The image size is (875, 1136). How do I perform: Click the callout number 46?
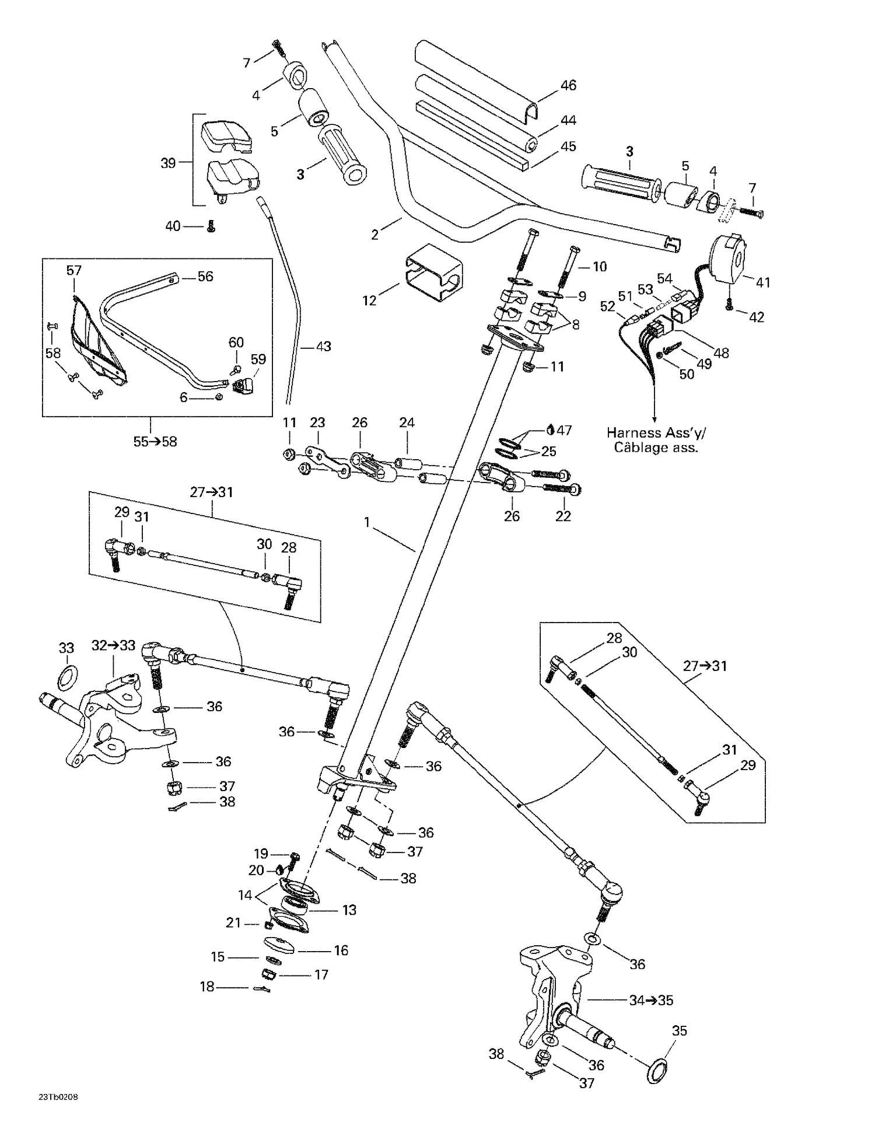[x=568, y=85]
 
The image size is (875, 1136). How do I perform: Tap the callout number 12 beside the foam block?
[x=369, y=300]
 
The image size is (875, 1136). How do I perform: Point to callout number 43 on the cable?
[x=323, y=346]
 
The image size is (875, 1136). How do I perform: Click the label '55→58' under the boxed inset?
[x=155, y=442]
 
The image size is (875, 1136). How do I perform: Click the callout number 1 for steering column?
[x=367, y=522]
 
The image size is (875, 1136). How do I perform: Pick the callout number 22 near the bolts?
[x=563, y=516]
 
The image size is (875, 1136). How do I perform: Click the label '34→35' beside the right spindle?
[x=651, y=1000]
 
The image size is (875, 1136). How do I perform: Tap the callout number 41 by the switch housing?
[x=762, y=282]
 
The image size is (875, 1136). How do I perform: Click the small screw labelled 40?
[x=212, y=227]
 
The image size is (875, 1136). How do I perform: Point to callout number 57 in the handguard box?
[x=74, y=270]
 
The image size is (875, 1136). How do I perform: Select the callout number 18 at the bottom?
[x=207, y=987]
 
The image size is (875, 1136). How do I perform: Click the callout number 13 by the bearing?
[x=349, y=910]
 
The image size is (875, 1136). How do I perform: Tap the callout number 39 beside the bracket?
[x=168, y=163]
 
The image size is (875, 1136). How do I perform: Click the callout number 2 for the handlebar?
[x=374, y=235]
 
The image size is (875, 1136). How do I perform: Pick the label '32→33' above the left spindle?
[x=113, y=645]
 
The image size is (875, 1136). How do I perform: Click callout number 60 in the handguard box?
[x=236, y=342]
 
